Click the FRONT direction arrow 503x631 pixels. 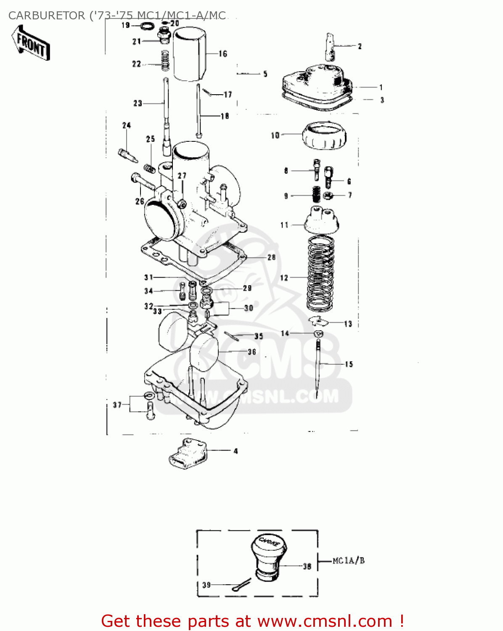point(31,43)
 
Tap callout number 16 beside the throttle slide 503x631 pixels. point(222,54)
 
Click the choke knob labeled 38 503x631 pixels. point(269,556)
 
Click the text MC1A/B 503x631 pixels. point(349,561)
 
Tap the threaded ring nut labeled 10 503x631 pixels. point(324,135)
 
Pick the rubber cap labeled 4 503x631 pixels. point(188,452)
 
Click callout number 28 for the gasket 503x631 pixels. point(271,257)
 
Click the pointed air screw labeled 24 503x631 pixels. point(128,155)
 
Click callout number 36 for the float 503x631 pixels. point(252,352)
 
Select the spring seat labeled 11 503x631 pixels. point(319,220)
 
